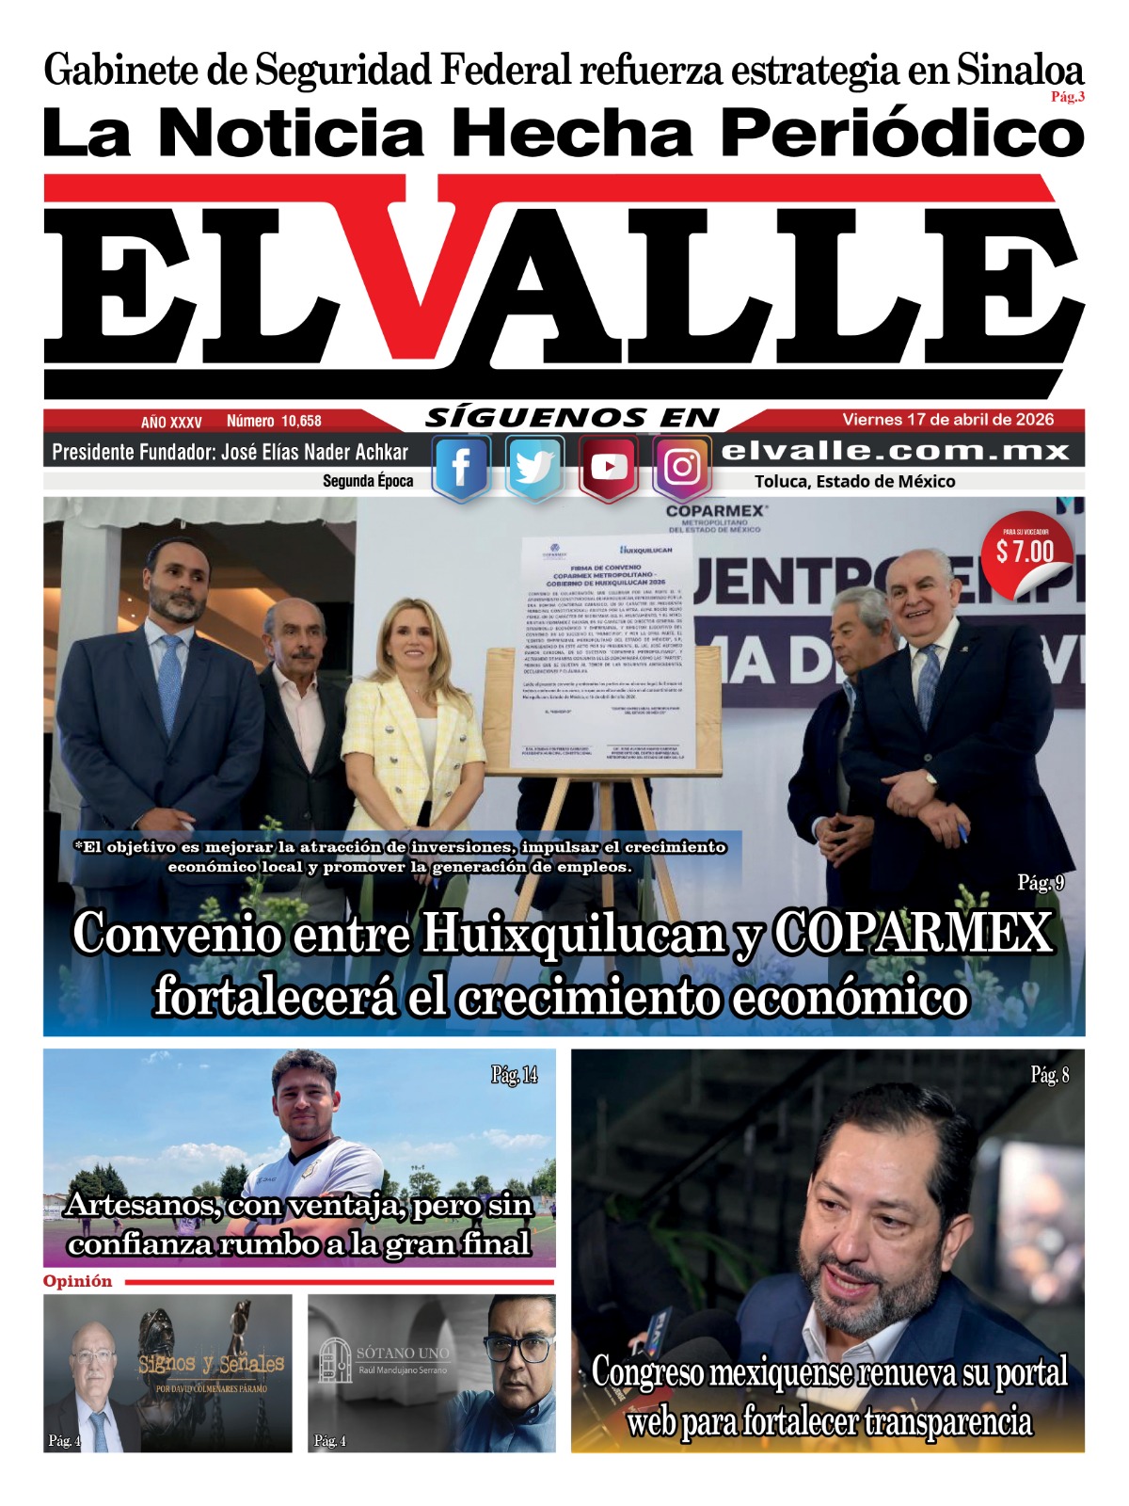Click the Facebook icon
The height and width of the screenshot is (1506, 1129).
coord(461,468)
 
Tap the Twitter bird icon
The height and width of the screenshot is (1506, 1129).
coord(534,468)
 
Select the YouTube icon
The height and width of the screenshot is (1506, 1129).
coord(609,468)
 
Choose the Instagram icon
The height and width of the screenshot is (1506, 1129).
coord(682,468)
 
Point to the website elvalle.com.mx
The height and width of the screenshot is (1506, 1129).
coord(895,452)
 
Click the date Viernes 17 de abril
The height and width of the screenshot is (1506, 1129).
coord(947,420)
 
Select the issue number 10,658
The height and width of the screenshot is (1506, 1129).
coord(300,422)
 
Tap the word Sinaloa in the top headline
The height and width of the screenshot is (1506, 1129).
coord(1021,71)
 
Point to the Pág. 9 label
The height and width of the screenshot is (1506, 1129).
coord(1041,883)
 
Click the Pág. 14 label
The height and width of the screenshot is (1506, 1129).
coord(515,1075)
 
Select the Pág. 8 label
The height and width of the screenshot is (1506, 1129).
coord(1050,1075)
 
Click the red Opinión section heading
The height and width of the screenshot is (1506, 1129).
coord(77,1282)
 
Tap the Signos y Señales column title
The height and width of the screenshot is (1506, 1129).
coord(212,1364)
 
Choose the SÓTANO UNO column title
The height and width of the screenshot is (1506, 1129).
coord(403,1354)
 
